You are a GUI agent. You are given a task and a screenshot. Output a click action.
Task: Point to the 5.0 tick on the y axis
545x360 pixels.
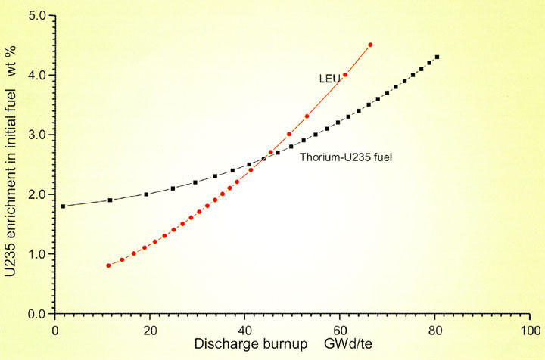[x=37, y=15]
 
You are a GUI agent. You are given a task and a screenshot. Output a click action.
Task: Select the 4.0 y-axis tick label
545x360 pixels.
[x=37, y=75]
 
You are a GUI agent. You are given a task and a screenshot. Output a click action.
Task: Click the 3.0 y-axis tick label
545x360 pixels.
[x=37, y=135]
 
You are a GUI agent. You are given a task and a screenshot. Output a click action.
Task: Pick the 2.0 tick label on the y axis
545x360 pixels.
[x=37, y=194]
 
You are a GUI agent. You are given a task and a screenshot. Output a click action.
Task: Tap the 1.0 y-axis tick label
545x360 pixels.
[x=37, y=254]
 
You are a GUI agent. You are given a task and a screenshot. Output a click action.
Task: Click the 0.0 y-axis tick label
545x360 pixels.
[x=37, y=314]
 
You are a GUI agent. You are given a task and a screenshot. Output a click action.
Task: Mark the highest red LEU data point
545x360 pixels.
[x=370, y=45]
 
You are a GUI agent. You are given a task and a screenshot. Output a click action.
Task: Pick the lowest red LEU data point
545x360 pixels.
[x=109, y=265]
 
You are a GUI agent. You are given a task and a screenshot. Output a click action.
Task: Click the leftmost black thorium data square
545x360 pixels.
[x=63, y=206]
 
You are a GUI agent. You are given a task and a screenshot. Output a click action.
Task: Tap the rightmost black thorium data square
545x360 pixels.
[x=437, y=57]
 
